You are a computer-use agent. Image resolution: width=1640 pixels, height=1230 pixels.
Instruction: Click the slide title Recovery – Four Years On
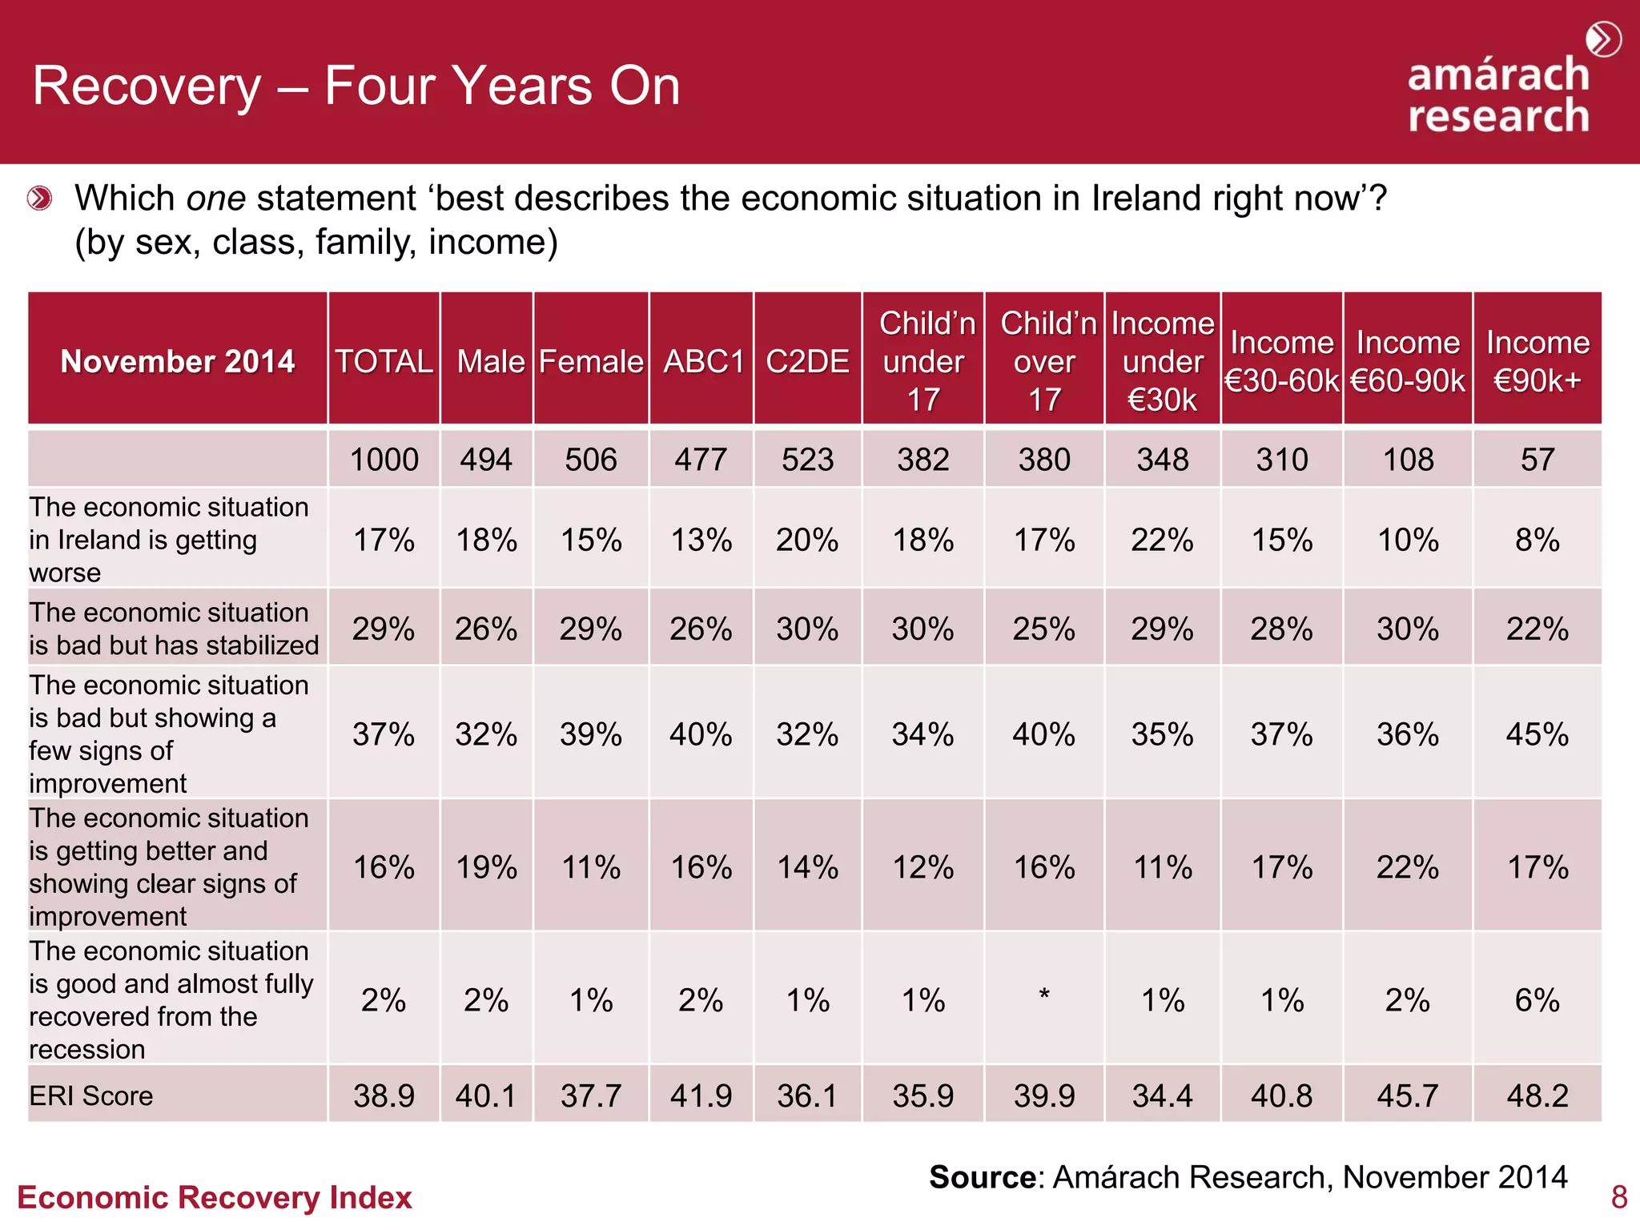click(356, 86)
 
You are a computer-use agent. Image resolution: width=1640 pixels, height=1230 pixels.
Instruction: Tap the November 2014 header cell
click(178, 361)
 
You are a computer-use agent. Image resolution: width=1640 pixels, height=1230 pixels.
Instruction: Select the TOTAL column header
click(384, 361)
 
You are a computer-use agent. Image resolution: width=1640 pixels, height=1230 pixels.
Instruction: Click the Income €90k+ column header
click(1537, 361)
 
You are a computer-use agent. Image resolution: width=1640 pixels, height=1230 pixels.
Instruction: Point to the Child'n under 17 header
click(923, 361)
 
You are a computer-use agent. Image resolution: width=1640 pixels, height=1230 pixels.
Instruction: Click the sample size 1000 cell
click(384, 460)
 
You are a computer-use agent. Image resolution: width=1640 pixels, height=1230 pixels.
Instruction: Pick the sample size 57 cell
click(1537, 460)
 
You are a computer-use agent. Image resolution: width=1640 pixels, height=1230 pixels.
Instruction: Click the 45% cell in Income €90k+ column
click(1537, 734)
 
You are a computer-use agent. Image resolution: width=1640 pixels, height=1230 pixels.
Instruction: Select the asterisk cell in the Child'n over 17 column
click(1044, 997)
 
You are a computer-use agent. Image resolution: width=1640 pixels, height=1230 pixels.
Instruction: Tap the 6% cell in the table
click(1537, 1000)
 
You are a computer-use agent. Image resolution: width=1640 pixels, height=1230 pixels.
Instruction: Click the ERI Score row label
click(91, 1095)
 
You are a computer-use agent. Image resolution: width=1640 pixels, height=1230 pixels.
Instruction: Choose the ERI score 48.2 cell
click(1537, 1095)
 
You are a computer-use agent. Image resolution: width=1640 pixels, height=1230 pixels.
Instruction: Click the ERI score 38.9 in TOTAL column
click(384, 1095)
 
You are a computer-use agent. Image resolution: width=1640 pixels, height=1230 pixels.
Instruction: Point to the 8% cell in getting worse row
click(1537, 540)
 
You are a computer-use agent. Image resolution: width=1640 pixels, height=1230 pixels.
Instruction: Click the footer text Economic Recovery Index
click(215, 1198)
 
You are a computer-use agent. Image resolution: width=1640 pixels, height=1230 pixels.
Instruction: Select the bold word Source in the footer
click(983, 1177)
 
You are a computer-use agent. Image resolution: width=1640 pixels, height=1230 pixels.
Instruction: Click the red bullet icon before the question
click(39, 198)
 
